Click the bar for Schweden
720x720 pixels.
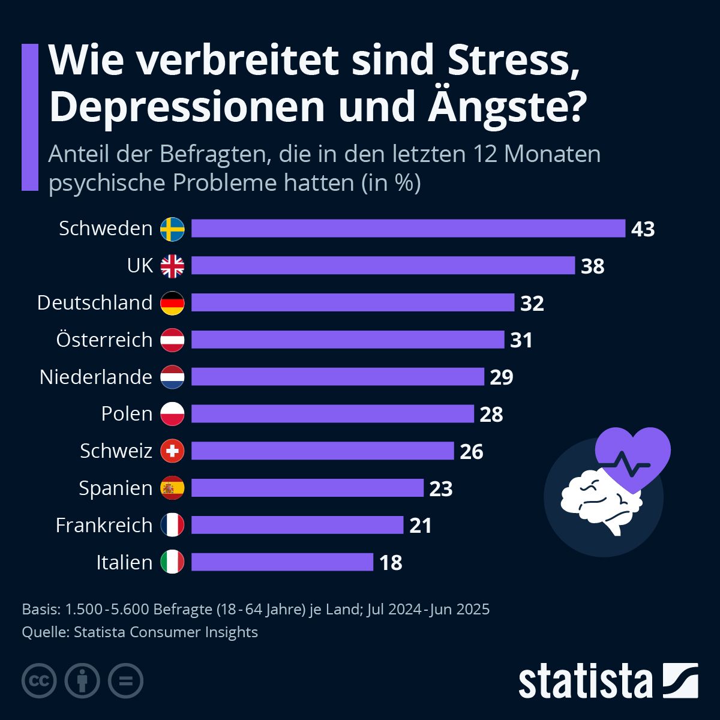(x=408, y=229)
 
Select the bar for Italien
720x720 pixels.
(x=282, y=562)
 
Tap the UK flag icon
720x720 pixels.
(x=172, y=266)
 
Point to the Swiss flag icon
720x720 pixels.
(x=172, y=451)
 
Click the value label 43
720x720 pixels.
(x=643, y=229)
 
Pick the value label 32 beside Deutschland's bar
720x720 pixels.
(x=532, y=303)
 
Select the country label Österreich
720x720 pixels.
(x=104, y=340)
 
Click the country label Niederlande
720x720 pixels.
(x=96, y=377)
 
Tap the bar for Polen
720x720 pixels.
(x=332, y=414)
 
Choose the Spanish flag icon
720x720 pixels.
(x=172, y=488)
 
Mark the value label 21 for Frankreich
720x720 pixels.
(x=421, y=526)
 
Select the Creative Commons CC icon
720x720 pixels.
(x=39, y=681)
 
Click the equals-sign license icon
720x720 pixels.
(x=125, y=681)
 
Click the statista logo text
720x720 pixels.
(x=585, y=681)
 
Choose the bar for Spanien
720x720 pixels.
(x=307, y=488)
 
